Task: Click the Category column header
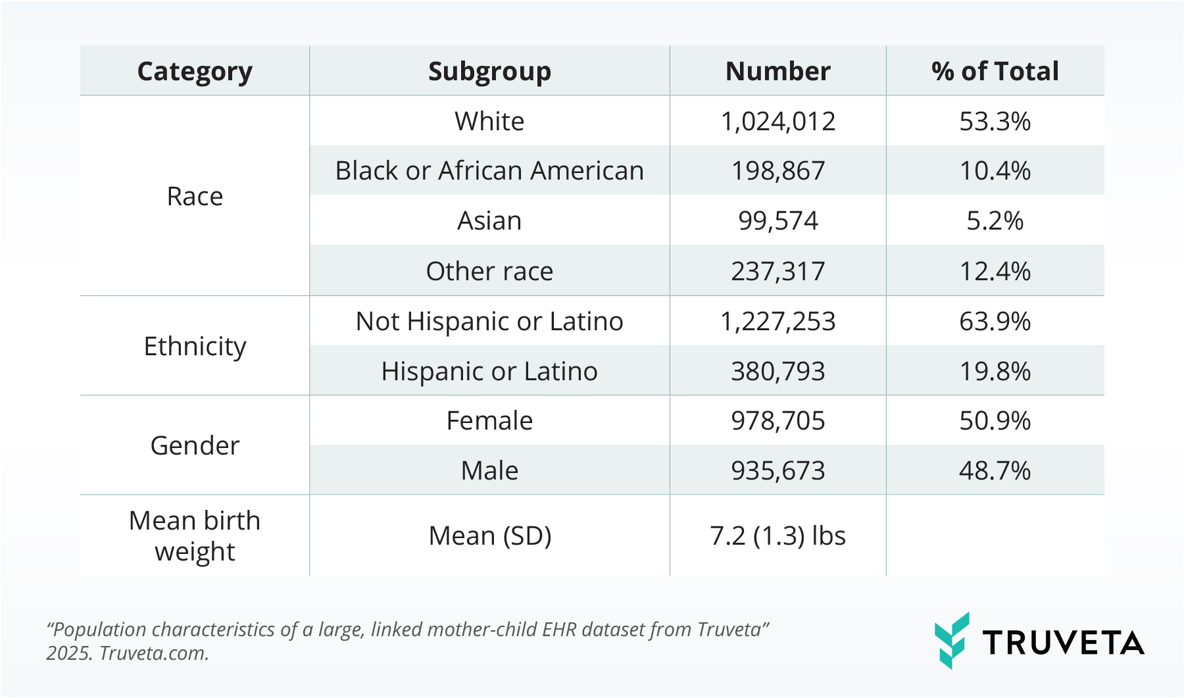point(195,71)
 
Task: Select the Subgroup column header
point(489,71)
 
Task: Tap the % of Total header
point(995,71)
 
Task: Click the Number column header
point(777,71)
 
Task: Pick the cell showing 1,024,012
point(777,121)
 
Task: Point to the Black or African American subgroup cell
point(489,171)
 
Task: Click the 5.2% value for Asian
point(995,221)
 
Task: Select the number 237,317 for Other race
point(777,271)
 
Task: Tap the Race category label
point(195,196)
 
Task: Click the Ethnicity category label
point(195,346)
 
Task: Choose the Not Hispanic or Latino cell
point(489,321)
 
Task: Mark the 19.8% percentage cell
point(995,371)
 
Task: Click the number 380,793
point(777,371)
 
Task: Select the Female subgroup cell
point(489,421)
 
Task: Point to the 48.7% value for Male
point(995,471)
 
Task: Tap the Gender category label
point(195,446)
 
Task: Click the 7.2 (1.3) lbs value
point(777,536)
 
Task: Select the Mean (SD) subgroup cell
point(489,536)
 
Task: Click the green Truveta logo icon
point(952,641)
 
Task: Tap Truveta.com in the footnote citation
point(153,653)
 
